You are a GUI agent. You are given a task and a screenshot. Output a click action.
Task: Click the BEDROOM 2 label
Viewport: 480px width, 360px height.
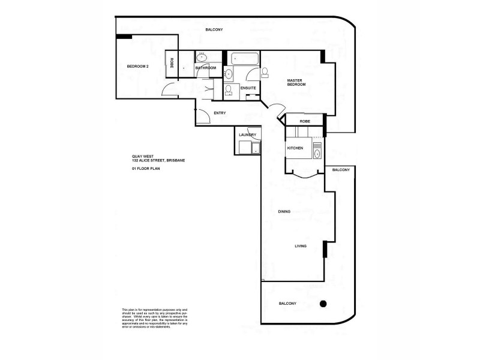pos(137,66)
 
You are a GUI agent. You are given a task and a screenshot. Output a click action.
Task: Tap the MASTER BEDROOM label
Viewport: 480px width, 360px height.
pos(296,82)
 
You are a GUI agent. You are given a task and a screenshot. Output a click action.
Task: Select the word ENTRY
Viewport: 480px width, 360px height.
pos(220,113)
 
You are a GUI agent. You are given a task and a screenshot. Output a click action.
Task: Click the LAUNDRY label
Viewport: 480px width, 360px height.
pos(247,135)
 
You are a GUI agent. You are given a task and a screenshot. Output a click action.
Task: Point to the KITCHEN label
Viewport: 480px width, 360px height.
pos(295,148)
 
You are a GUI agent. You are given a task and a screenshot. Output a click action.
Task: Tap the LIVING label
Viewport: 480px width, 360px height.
pos(301,246)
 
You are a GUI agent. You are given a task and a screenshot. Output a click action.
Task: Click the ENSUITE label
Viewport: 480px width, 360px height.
pos(248,88)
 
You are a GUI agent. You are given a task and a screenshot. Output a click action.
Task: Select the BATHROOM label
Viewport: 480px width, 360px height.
pos(205,68)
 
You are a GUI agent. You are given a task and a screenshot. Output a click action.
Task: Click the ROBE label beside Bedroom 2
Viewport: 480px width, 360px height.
pos(172,62)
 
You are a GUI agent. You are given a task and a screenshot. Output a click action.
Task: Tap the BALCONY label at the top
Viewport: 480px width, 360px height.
pos(214,29)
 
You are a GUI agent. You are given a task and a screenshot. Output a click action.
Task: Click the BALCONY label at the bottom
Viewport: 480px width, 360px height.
pos(287,304)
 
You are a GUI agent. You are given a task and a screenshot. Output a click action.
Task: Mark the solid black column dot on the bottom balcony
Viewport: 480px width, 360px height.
pos(323,304)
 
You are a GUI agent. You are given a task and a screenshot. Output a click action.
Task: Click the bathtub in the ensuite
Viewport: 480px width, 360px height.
pos(244,59)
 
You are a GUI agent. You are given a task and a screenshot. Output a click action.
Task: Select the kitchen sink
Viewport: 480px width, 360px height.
pos(316,154)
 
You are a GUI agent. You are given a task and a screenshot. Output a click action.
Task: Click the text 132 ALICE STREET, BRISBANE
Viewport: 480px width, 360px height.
pos(160,161)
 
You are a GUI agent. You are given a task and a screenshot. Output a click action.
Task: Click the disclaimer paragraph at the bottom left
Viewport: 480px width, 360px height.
pos(155,317)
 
